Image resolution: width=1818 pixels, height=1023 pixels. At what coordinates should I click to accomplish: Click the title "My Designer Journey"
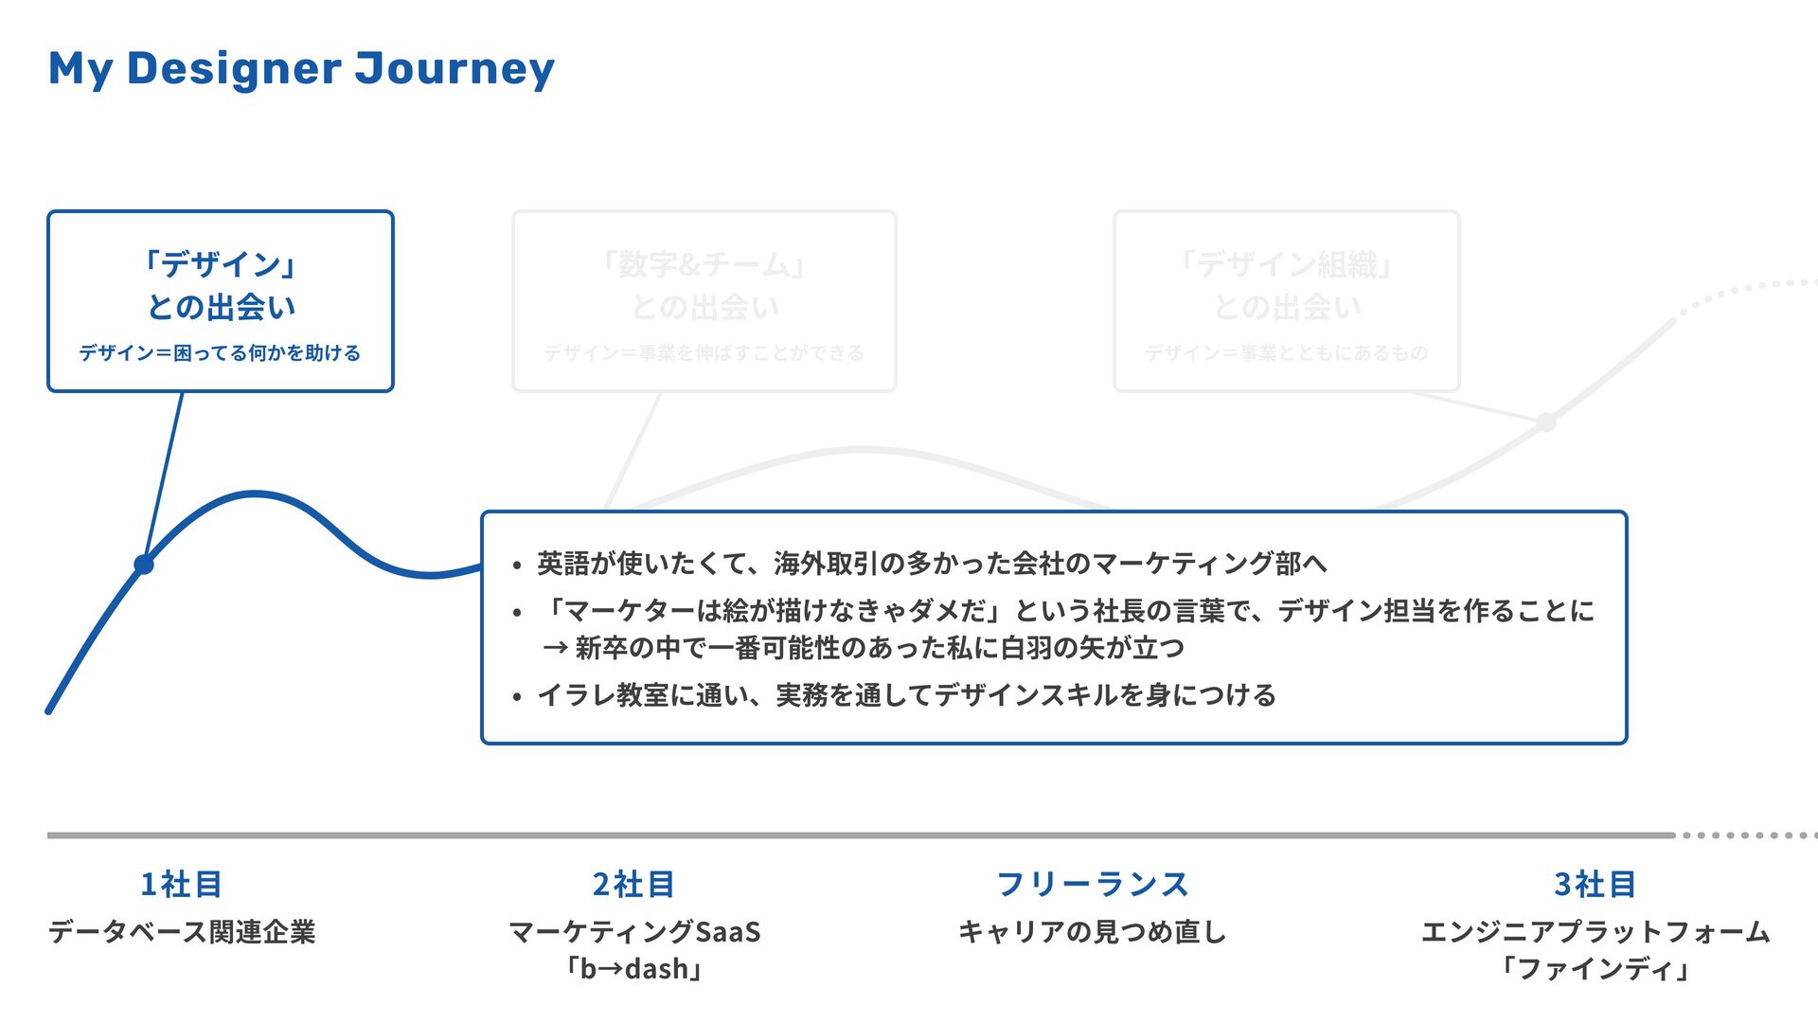tap(301, 69)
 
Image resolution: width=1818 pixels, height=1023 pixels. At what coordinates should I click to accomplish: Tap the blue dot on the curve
tap(144, 565)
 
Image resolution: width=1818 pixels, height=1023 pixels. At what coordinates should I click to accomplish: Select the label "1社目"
tap(181, 884)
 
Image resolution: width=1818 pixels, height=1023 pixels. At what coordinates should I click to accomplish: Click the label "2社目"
tap(633, 884)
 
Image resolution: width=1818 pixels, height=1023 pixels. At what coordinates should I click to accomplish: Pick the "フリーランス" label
tap(1092, 884)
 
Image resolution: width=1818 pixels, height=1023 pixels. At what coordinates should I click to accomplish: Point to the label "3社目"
tap(1595, 884)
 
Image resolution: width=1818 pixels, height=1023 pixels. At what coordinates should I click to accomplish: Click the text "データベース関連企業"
tap(182, 932)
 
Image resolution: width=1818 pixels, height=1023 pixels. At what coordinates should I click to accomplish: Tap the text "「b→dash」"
tap(633, 969)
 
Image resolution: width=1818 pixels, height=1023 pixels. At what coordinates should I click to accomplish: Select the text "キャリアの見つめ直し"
tap(1092, 932)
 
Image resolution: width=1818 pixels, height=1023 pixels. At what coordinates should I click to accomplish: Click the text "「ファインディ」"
tap(1595, 969)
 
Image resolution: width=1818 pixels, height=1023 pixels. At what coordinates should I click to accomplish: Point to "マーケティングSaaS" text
tap(633, 932)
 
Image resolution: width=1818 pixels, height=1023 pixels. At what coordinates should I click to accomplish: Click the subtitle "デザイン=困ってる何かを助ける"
tap(220, 353)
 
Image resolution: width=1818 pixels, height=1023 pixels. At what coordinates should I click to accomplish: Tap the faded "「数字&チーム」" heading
tap(704, 264)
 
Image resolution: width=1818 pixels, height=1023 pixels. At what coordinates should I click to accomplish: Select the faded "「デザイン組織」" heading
tap(1286, 264)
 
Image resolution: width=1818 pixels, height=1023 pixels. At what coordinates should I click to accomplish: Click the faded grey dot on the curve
tap(1545, 422)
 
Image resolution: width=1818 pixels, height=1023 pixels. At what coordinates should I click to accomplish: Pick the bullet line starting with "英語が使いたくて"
tap(932, 564)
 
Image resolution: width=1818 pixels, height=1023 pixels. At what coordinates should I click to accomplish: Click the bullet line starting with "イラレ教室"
tap(906, 695)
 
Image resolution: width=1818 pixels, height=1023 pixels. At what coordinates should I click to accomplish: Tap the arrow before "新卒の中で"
tap(555, 649)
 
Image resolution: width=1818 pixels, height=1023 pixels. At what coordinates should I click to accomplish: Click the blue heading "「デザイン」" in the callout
tap(221, 264)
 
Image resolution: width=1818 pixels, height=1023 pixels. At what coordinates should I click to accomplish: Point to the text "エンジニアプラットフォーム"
tap(1595, 932)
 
